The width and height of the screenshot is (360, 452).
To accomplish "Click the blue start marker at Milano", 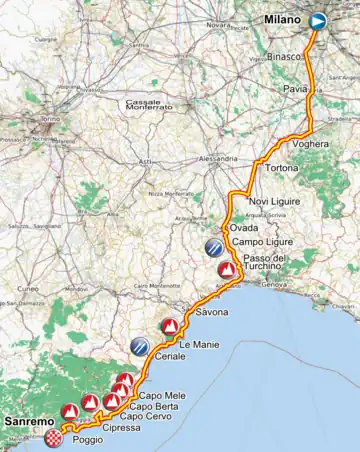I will click(x=318, y=20).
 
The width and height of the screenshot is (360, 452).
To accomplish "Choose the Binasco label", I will click(x=286, y=57).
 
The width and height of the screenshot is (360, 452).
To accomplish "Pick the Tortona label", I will click(x=282, y=169).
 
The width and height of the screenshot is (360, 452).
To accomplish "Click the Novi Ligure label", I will click(x=273, y=201).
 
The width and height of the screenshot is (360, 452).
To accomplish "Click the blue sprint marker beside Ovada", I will click(x=214, y=246).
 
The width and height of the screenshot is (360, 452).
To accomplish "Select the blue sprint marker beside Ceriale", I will click(x=140, y=346).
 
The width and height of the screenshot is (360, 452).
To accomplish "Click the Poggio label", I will click(x=88, y=439).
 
